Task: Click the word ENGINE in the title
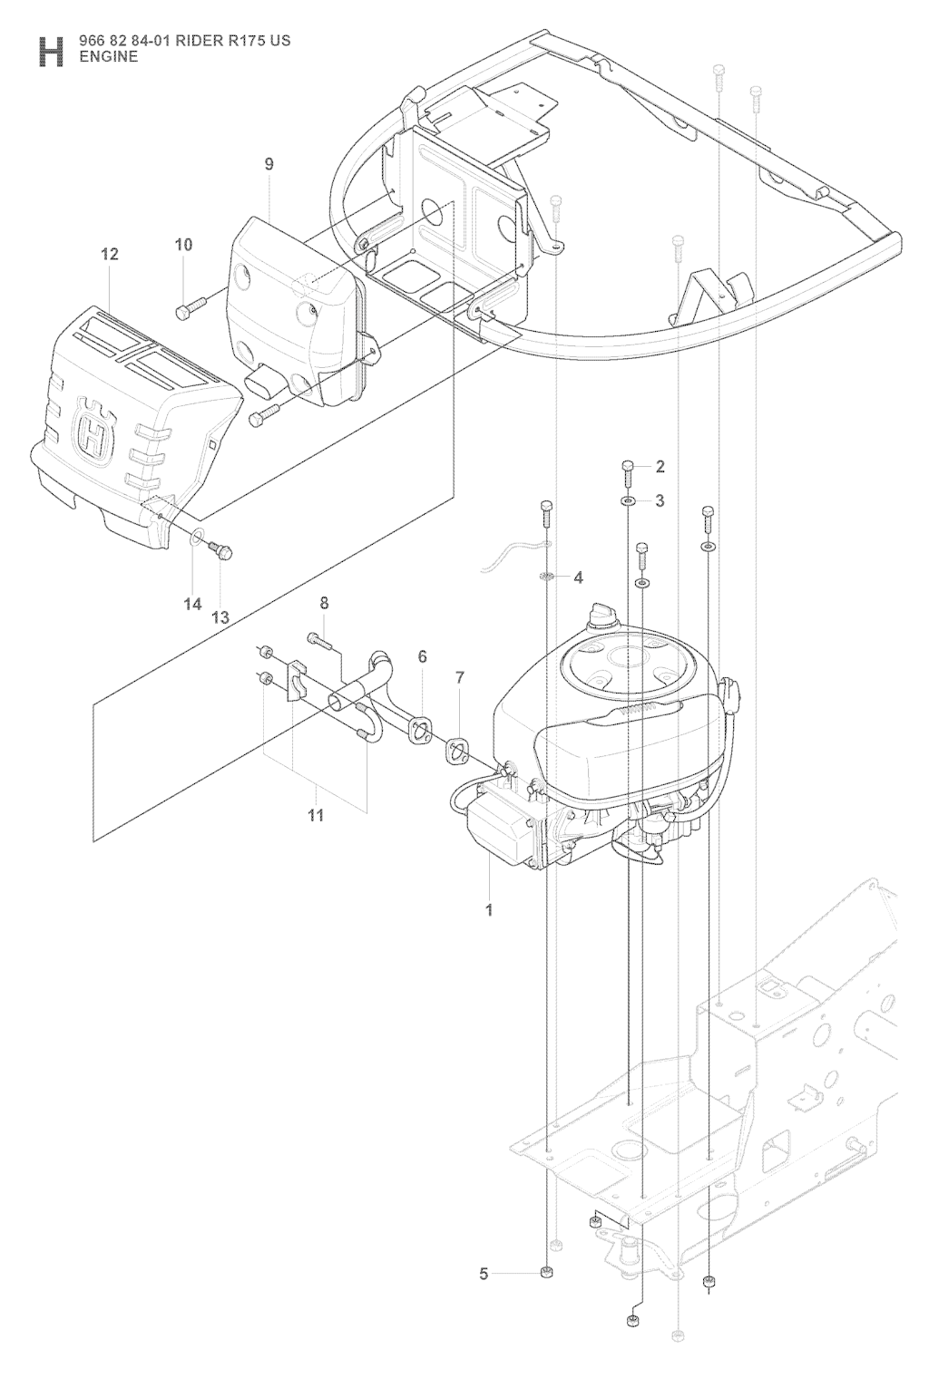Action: point(109,58)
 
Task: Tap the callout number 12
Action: point(110,254)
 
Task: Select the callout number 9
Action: point(269,164)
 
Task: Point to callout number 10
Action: point(183,245)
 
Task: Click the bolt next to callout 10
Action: point(191,306)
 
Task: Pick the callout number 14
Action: point(192,605)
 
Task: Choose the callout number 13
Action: point(220,617)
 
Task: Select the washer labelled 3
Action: point(627,500)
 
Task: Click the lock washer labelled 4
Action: point(545,577)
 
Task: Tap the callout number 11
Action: point(316,816)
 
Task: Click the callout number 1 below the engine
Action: point(489,910)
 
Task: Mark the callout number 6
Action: point(422,656)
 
